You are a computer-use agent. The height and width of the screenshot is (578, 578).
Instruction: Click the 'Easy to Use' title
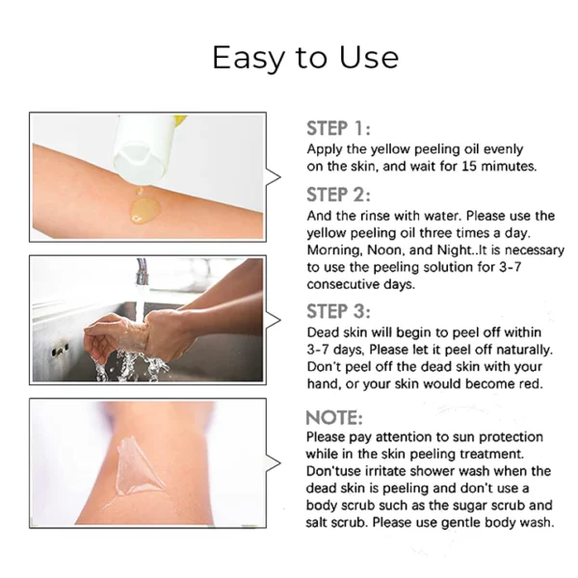tap(304, 57)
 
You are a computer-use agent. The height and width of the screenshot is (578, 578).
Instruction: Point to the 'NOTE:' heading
tap(334, 417)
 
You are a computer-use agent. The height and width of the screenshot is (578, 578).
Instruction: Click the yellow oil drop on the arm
tap(142, 205)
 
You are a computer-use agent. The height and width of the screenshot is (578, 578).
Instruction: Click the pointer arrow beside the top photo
tap(274, 176)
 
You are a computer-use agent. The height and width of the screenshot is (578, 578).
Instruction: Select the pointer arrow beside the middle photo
tap(274, 319)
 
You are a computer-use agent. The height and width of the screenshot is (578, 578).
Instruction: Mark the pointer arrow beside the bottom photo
tap(274, 463)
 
